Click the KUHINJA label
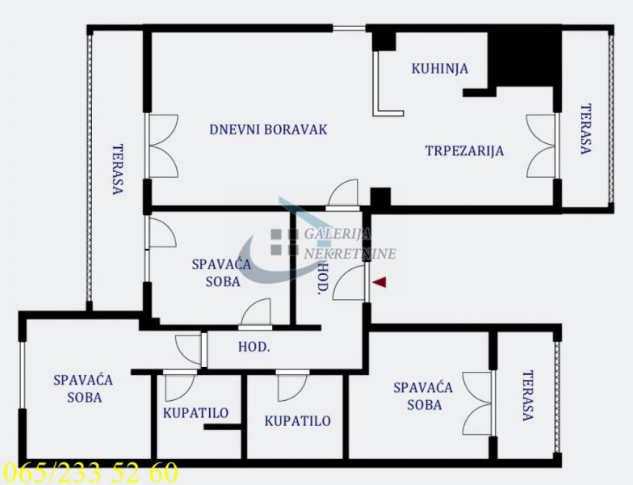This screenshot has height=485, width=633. pyautogui.click(x=439, y=68)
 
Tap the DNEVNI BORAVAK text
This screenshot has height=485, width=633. pyautogui.click(x=268, y=129)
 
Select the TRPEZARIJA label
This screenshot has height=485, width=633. pyautogui.click(x=465, y=150)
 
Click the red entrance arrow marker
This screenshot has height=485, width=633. pyautogui.click(x=379, y=282)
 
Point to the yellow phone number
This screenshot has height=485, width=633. pyautogui.click(x=89, y=472)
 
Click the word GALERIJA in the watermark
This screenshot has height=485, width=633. pyautogui.click(x=337, y=234)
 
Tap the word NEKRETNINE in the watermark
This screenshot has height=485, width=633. pyautogui.click(x=350, y=254)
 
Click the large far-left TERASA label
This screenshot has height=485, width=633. pyautogui.click(x=118, y=170)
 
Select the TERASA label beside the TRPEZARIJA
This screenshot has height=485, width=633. pyautogui.click(x=586, y=129)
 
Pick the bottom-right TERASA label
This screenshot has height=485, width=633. pyautogui.click(x=528, y=396)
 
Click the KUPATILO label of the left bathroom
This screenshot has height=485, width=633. pyautogui.click(x=195, y=413)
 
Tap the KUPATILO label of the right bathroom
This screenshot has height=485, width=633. pyautogui.click(x=297, y=421)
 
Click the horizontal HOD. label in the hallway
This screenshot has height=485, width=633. pyautogui.click(x=254, y=347)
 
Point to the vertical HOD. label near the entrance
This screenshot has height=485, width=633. pyautogui.click(x=323, y=278)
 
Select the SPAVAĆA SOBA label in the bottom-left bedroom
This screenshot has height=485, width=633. pyautogui.click(x=83, y=389)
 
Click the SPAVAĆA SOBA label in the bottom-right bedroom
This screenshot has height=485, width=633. pyautogui.click(x=423, y=396)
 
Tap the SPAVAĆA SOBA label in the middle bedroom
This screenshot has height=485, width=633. pyautogui.click(x=221, y=273)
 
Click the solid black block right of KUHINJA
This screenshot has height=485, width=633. pyautogui.click(x=524, y=59)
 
